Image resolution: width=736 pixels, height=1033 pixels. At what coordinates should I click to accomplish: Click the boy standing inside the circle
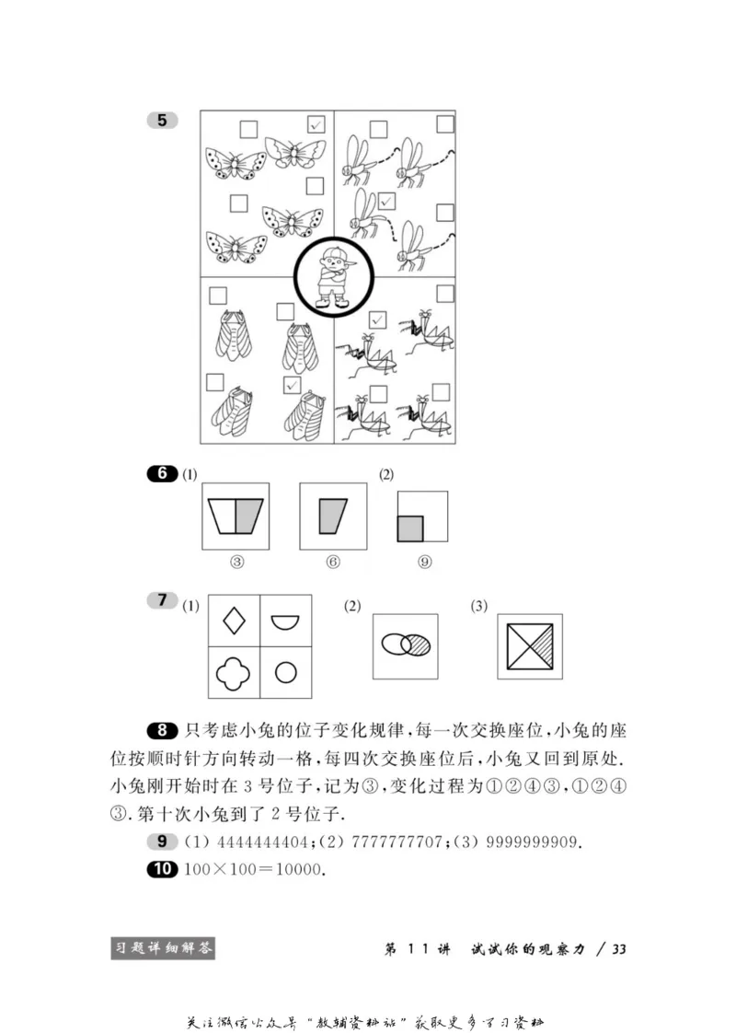333,277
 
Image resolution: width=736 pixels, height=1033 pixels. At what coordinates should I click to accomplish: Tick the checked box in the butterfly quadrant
316,124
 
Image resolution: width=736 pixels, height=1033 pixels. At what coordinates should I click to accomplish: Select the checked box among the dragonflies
387,200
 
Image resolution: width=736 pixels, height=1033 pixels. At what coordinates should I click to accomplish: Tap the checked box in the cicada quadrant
293,385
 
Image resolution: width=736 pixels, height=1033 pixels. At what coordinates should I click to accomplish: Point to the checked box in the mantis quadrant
376,319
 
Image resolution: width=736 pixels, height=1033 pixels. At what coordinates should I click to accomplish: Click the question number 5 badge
162,120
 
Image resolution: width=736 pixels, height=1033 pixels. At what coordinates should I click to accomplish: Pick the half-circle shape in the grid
284,622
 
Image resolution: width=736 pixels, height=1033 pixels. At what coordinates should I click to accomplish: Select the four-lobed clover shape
234,673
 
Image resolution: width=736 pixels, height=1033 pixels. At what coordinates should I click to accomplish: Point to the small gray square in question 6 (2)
410,528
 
